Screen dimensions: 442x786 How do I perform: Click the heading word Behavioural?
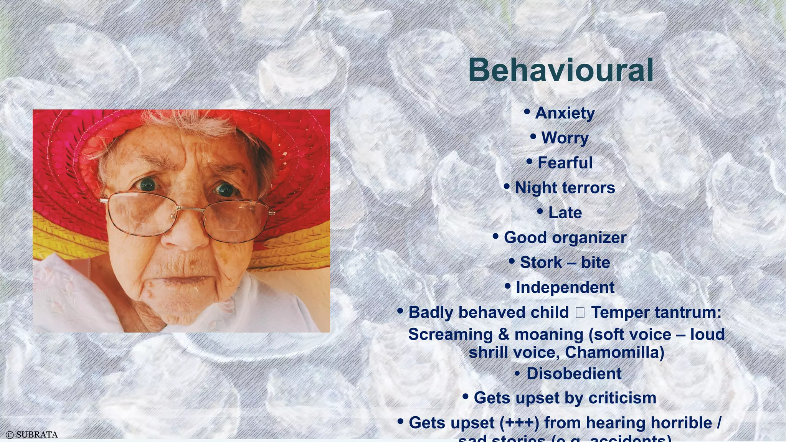click(x=561, y=70)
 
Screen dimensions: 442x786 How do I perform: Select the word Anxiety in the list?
click(x=565, y=113)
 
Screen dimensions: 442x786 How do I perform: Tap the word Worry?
click(x=565, y=138)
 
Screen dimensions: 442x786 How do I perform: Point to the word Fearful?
click(x=565, y=163)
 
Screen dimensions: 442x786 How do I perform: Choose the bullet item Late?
click(x=565, y=213)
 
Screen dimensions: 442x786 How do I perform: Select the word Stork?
click(x=541, y=262)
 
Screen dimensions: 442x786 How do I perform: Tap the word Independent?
click(x=565, y=287)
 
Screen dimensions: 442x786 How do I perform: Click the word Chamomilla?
click(x=614, y=352)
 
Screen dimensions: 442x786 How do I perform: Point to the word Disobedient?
click(x=574, y=374)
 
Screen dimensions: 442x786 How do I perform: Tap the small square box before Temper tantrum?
click(x=580, y=313)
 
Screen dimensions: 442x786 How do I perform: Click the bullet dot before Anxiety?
click(x=527, y=112)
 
